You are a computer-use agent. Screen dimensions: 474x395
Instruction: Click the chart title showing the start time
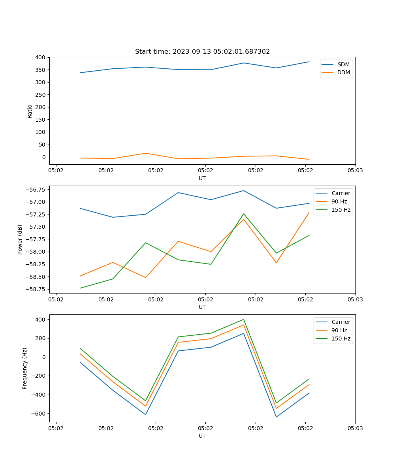(x=202, y=52)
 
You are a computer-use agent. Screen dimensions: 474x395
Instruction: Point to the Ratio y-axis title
(x=30, y=111)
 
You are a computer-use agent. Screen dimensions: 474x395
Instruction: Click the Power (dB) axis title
(x=20, y=239)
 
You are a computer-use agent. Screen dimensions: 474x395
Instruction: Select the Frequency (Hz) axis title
(x=25, y=368)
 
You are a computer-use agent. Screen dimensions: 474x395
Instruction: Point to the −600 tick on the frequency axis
(x=38, y=414)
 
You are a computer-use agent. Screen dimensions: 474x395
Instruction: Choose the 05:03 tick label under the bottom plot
(x=355, y=428)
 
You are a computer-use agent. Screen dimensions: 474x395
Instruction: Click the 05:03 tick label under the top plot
(x=355, y=170)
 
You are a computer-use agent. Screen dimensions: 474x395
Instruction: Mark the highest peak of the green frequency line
(x=244, y=319)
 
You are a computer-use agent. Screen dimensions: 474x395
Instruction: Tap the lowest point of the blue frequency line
(x=276, y=417)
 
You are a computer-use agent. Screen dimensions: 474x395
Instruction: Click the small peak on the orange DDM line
(x=145, y=153)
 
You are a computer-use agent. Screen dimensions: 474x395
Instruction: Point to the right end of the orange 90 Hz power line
(x=309, y=213)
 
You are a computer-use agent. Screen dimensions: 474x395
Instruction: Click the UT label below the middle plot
(x=202, y=307)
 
